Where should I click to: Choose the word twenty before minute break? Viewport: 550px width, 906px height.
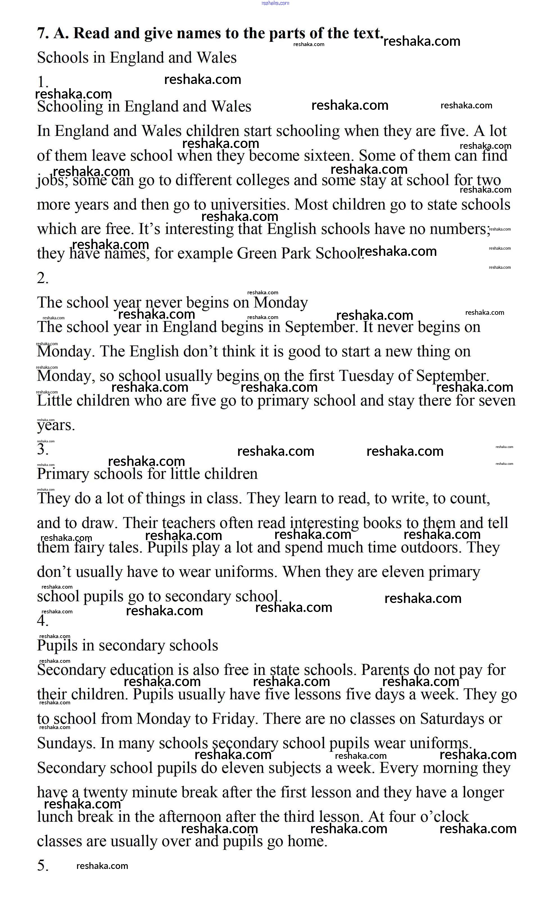point(105,792)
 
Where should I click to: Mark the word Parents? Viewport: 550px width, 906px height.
point(385,670)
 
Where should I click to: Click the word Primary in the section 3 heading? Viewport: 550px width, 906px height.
point(63,474)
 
